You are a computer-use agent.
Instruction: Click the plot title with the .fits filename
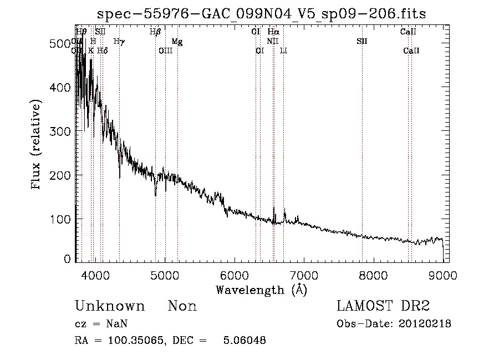point(261,13)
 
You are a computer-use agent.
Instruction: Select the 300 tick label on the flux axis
point(62,131)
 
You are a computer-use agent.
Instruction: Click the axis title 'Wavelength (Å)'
point(261,290)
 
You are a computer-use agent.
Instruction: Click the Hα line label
point(273,32)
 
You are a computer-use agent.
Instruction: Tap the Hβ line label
point(155,32)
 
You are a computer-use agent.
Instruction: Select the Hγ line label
point(119,42)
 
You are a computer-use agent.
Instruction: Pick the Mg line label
point(177,42)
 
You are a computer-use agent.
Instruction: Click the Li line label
point(283,51)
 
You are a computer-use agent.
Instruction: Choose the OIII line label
point(166,51)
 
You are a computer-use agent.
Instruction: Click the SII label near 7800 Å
point(362,42)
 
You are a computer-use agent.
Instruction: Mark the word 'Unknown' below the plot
point(110,306)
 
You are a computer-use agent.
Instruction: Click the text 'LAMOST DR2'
point(383,306)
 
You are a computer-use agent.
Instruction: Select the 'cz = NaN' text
point(96,324)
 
